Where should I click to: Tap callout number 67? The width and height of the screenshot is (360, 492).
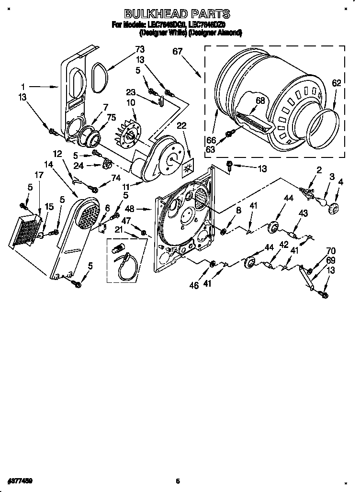(177, 52)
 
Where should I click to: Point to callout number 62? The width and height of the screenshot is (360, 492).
(336, 83)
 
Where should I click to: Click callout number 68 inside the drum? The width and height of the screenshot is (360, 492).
(260, 101)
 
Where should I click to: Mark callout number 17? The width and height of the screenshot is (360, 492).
(39, 175)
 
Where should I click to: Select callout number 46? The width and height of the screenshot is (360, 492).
(193, 286)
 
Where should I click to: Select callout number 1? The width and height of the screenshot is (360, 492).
(22, 87)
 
